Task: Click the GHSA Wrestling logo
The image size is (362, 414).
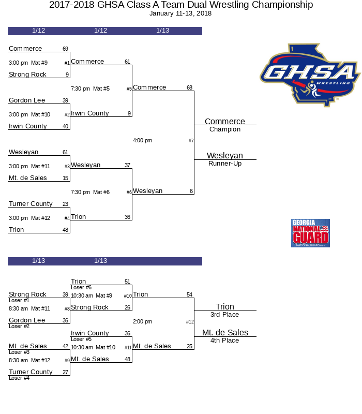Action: [x=309, y=75]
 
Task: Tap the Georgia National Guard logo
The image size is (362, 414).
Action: [x=310, y=233]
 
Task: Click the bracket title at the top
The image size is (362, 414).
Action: [x=181, y=5]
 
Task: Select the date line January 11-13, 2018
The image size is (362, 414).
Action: [x=180, y=13]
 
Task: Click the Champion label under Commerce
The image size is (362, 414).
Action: [x=225, y=129]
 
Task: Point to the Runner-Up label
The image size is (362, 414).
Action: [x=225, y=164]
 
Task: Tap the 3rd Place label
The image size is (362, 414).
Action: [x=225, y=315]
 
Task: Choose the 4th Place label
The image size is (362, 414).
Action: [x=225, y=341]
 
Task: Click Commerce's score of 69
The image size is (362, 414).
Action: [x=65, y=49]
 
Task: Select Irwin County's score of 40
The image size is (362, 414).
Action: [x=65, y=126]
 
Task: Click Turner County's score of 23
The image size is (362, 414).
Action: [x=65, y=204]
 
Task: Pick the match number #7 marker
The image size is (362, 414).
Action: [x=191, y=141]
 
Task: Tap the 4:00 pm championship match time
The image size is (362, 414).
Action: [x=142, y=140]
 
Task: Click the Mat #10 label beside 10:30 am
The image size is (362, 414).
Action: [x=105, y=347]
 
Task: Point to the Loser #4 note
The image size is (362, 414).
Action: [x=19, y=378]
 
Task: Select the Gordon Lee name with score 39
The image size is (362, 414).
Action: [x=27, y=100]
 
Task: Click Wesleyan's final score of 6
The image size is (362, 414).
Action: [x=191, y=191]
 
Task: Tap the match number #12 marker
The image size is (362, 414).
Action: [x=190, y=322]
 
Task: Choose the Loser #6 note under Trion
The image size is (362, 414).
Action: [x=81, y=288]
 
